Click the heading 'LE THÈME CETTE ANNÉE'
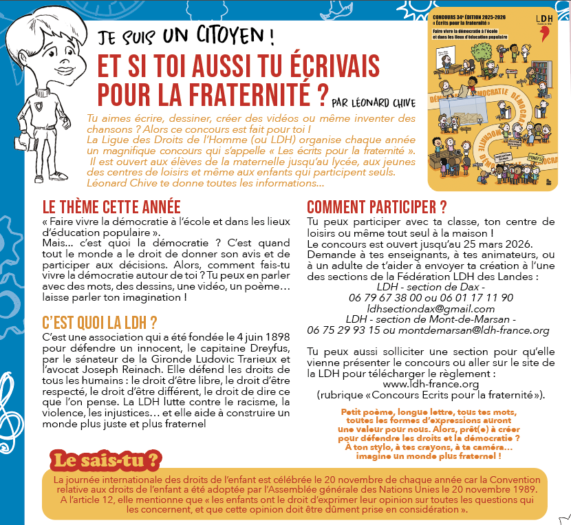click(x=111, y=207)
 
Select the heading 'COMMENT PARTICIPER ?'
click(x=377, y=207)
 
